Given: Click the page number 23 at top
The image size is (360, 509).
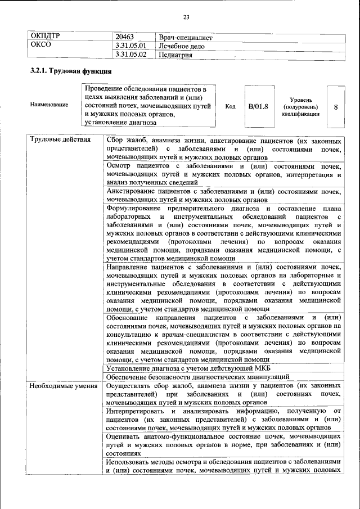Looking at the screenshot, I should pyautogui.click(x=186, y=16).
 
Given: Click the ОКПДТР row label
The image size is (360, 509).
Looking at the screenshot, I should pyautogui.click(x=45, y=37).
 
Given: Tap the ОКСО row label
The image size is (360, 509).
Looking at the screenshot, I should pyautogui.click(x=40, y=46).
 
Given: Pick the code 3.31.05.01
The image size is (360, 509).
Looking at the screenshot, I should pyautogui.click(x=130, y=46).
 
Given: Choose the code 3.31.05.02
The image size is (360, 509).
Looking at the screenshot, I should pyautogui.click(x=130, y=55).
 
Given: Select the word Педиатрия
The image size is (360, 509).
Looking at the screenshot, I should pyautogui.click(x=176, y=55).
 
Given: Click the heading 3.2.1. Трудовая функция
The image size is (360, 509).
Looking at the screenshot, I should pyautogui.click(x=70, y=72).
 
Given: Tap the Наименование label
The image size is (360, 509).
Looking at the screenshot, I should pyautogui.click(x=49, y=105).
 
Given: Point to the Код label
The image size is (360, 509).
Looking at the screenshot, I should pyautogui.click(x=230, y=105).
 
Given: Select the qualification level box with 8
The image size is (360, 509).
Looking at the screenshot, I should pyautogui.click(x=335, y=105).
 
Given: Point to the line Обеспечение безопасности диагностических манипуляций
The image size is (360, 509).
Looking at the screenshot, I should pyautogui.click(x=197, y=377).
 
